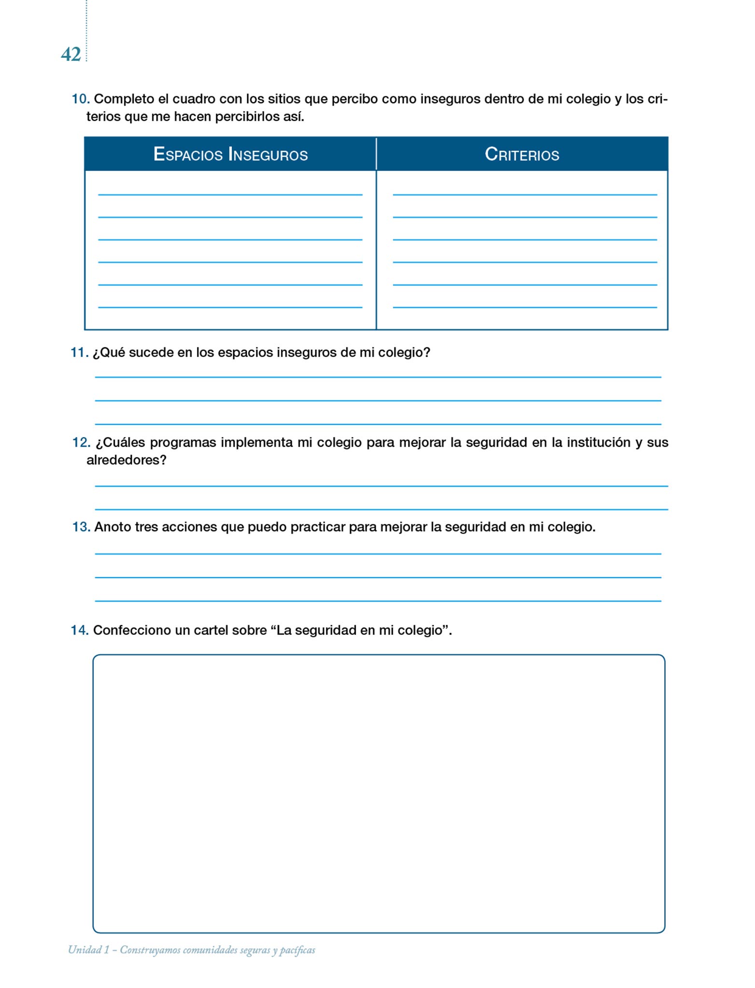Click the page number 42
pyautogui.click(x=70, y=55)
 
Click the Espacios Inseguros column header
pyautogui.click(x=230, y=154)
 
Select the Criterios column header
pyautogui.click(x=522, y=154)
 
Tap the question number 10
pyautogui.click(x=80, y=99)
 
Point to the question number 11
pyautogui.click(x=79, y=353)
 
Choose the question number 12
pyautogui.click(x=81, y=442)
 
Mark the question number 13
pyautogui.click(x=81, y=527)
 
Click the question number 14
pyautogui.click(x=79, y=630)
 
